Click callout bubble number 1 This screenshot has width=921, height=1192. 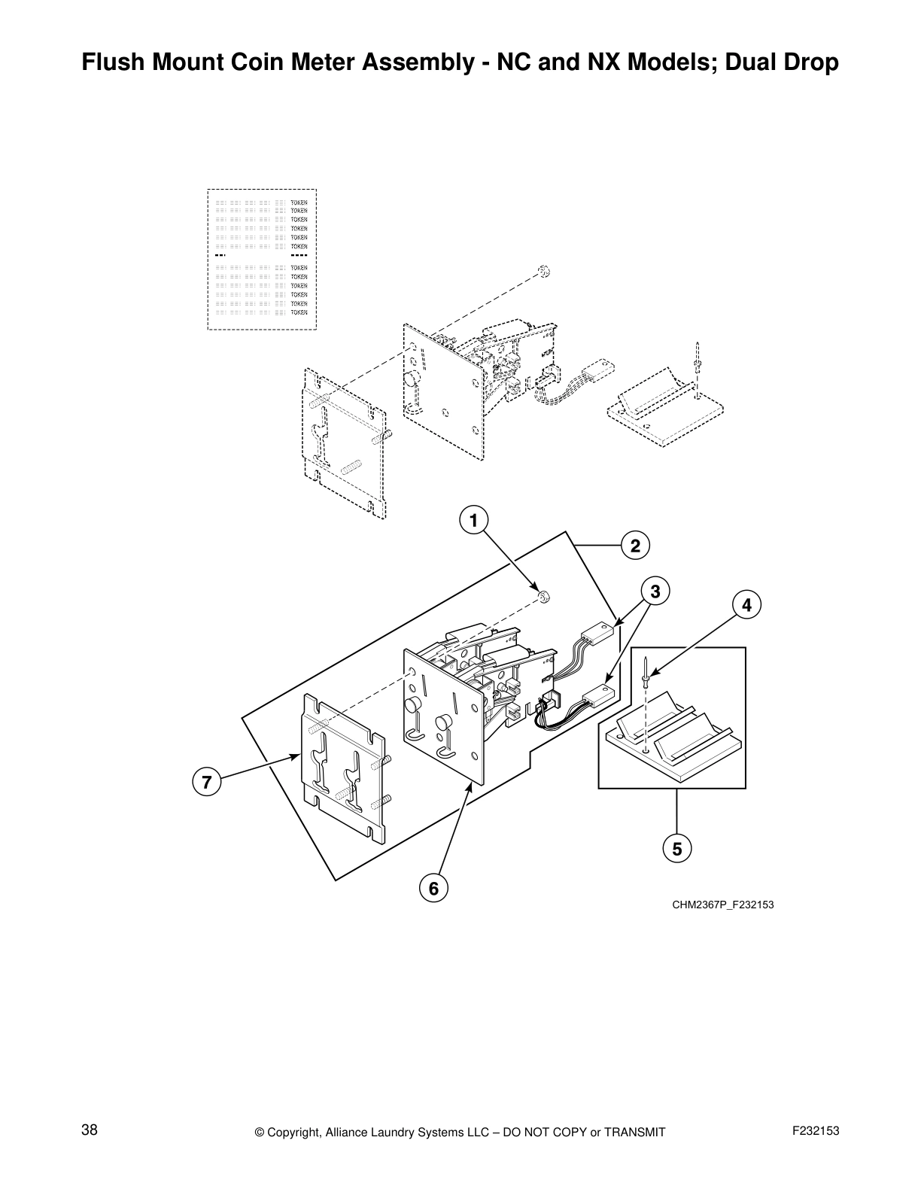pyautogui.click(x=473, y=520)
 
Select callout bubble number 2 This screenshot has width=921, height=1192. pyautogui.click(x=635, y=546)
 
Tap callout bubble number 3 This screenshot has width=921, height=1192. pyautogui.click(x=655, y=591)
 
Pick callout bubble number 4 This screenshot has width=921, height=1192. pyautogui.click(x=746, y=604)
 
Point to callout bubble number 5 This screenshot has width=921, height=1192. pyautogui.click(x=676, y=849)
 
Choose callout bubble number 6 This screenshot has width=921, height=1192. pyautogui.click(x=433, y=889)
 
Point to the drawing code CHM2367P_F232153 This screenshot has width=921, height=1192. pyautogui.click(x=722, y=905)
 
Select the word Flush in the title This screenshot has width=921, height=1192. pyautogui.click(x=111, y=62)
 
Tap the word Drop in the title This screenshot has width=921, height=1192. pyautogui.click(x=809, y=62)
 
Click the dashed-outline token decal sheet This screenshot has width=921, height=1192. pyautogui.click(x=262, y=259)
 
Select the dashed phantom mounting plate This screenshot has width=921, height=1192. pyautogui.click(x=344, y=444)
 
